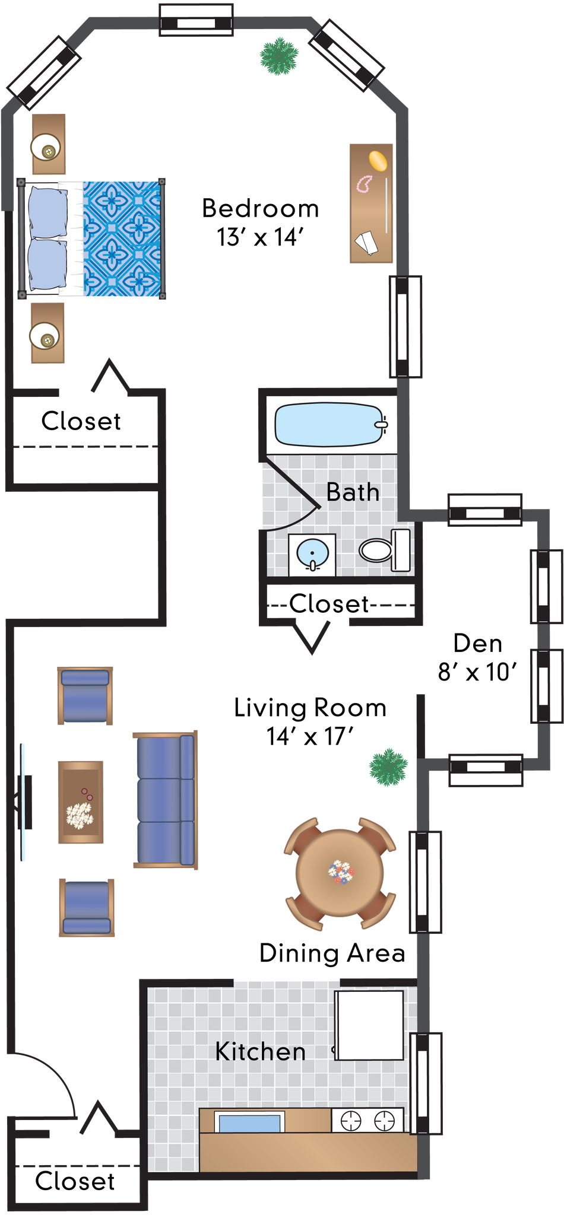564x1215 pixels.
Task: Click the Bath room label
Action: click(x=353, y=492)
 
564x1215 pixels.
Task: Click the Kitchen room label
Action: click(x=260, y=1051)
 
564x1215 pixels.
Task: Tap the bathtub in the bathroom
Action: click(x=330, y=424)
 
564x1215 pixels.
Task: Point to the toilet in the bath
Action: click(x=385, y=550)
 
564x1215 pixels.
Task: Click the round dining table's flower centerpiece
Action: click(x=341, y=872)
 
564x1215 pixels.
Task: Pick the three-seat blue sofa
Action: click(x=164, y=800)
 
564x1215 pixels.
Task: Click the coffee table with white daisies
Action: click(x=81, y=802)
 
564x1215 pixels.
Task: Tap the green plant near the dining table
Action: click(x=388, y=767)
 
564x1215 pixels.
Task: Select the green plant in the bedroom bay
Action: click(x=278, y=56)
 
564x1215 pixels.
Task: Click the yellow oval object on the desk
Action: click(x=379, y=161)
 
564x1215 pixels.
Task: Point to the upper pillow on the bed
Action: click(x=47, y=212)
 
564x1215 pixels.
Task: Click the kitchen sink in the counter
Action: click(x=249, y=1123)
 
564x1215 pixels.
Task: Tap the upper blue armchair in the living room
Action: click(x=85, y=695)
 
